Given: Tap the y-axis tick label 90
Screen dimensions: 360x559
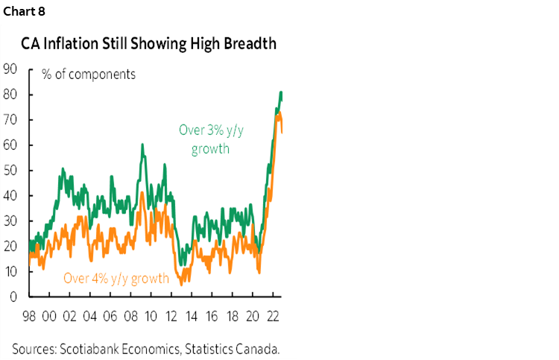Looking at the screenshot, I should click(x=10, y=69).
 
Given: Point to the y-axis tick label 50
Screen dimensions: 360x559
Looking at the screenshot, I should click(x=10, y=171).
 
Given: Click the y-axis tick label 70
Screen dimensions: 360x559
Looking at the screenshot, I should click(x=10, y=120).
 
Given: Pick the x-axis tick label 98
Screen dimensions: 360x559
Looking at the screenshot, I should click(x=30, y=315).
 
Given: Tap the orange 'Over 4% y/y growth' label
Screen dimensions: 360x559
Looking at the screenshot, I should click(x=116, y=279).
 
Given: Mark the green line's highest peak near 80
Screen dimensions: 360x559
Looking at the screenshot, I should click(x=281, y=92).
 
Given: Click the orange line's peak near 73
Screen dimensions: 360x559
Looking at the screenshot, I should click(x=278, y=113).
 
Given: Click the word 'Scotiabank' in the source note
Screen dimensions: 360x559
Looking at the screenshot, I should click(x=92, y=348).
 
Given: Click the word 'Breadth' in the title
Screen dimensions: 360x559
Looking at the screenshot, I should click(x=249, y=43).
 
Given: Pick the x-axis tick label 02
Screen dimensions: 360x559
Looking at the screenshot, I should click(x=70, y=315).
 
